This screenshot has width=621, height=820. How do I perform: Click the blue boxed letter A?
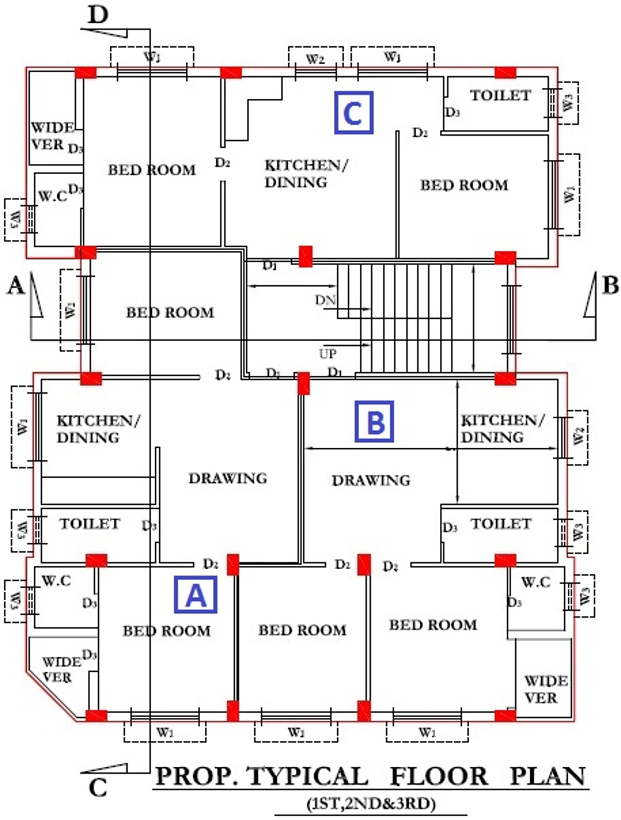(x=196, y=595)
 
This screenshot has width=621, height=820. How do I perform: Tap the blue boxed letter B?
(x=374, y=421)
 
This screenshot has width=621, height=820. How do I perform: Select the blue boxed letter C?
(x=353, y=112)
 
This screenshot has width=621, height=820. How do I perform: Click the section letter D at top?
(x=98, y=15)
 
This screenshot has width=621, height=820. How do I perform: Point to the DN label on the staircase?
(x=326, y=300)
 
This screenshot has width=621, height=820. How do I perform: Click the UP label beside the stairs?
(x=328, y=354)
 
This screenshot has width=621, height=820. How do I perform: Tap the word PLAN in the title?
(x=548, y=776)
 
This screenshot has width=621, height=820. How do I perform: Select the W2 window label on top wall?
(x=315, y=59)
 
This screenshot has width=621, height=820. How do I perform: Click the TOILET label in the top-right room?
(x=500, y=95)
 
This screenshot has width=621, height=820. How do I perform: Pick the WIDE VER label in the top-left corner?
(x=52, y=135)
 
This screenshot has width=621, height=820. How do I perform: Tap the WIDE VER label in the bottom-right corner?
(x=545, y=689)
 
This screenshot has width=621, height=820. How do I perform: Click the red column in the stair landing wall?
(x=305, y=256)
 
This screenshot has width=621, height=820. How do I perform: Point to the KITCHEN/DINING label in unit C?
(x=305, y=173)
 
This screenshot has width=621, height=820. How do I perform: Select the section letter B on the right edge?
(x=611, y=285)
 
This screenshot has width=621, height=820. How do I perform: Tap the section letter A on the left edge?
(x=16, y=285)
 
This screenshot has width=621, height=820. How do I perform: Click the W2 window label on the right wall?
(x=579, y=435)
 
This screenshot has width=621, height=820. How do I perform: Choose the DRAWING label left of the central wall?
(x=228, y=478)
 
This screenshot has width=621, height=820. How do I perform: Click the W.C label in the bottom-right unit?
(x=536, y=582)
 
